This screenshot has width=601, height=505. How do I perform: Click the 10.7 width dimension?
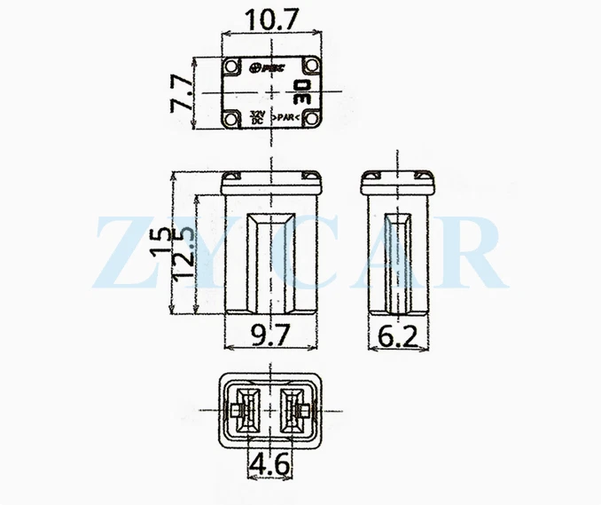271,17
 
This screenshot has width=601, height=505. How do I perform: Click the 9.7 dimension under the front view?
271,336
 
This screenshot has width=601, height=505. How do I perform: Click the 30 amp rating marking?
300,91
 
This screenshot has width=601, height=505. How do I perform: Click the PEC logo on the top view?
266,67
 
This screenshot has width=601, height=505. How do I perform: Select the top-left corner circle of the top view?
232,67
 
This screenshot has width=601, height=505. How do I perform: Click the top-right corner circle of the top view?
310,67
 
